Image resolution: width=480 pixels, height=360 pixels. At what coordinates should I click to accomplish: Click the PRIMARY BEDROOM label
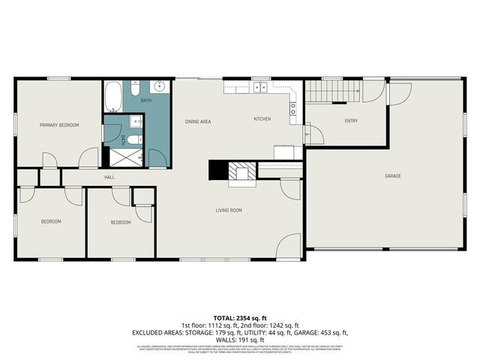click(59, 125)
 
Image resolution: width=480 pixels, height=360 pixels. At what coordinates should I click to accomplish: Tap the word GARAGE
click(393, 175)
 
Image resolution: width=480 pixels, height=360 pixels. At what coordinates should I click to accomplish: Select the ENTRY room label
click(351, 121)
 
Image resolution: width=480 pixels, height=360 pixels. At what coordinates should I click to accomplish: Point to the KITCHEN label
click(262, 119)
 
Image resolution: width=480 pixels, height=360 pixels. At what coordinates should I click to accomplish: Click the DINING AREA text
click(198, 121)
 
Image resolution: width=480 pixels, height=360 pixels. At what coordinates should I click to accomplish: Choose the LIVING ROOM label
click(227, 211)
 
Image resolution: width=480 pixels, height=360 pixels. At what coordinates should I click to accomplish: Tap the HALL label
click(109, 177)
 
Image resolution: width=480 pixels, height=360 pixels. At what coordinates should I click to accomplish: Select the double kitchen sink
click(259, 88)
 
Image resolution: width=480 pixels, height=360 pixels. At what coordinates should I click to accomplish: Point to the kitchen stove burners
click(294, 112)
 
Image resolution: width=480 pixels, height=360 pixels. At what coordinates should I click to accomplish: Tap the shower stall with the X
click(121, 156)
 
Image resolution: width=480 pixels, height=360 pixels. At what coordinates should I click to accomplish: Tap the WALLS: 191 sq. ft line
click(239, 339)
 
